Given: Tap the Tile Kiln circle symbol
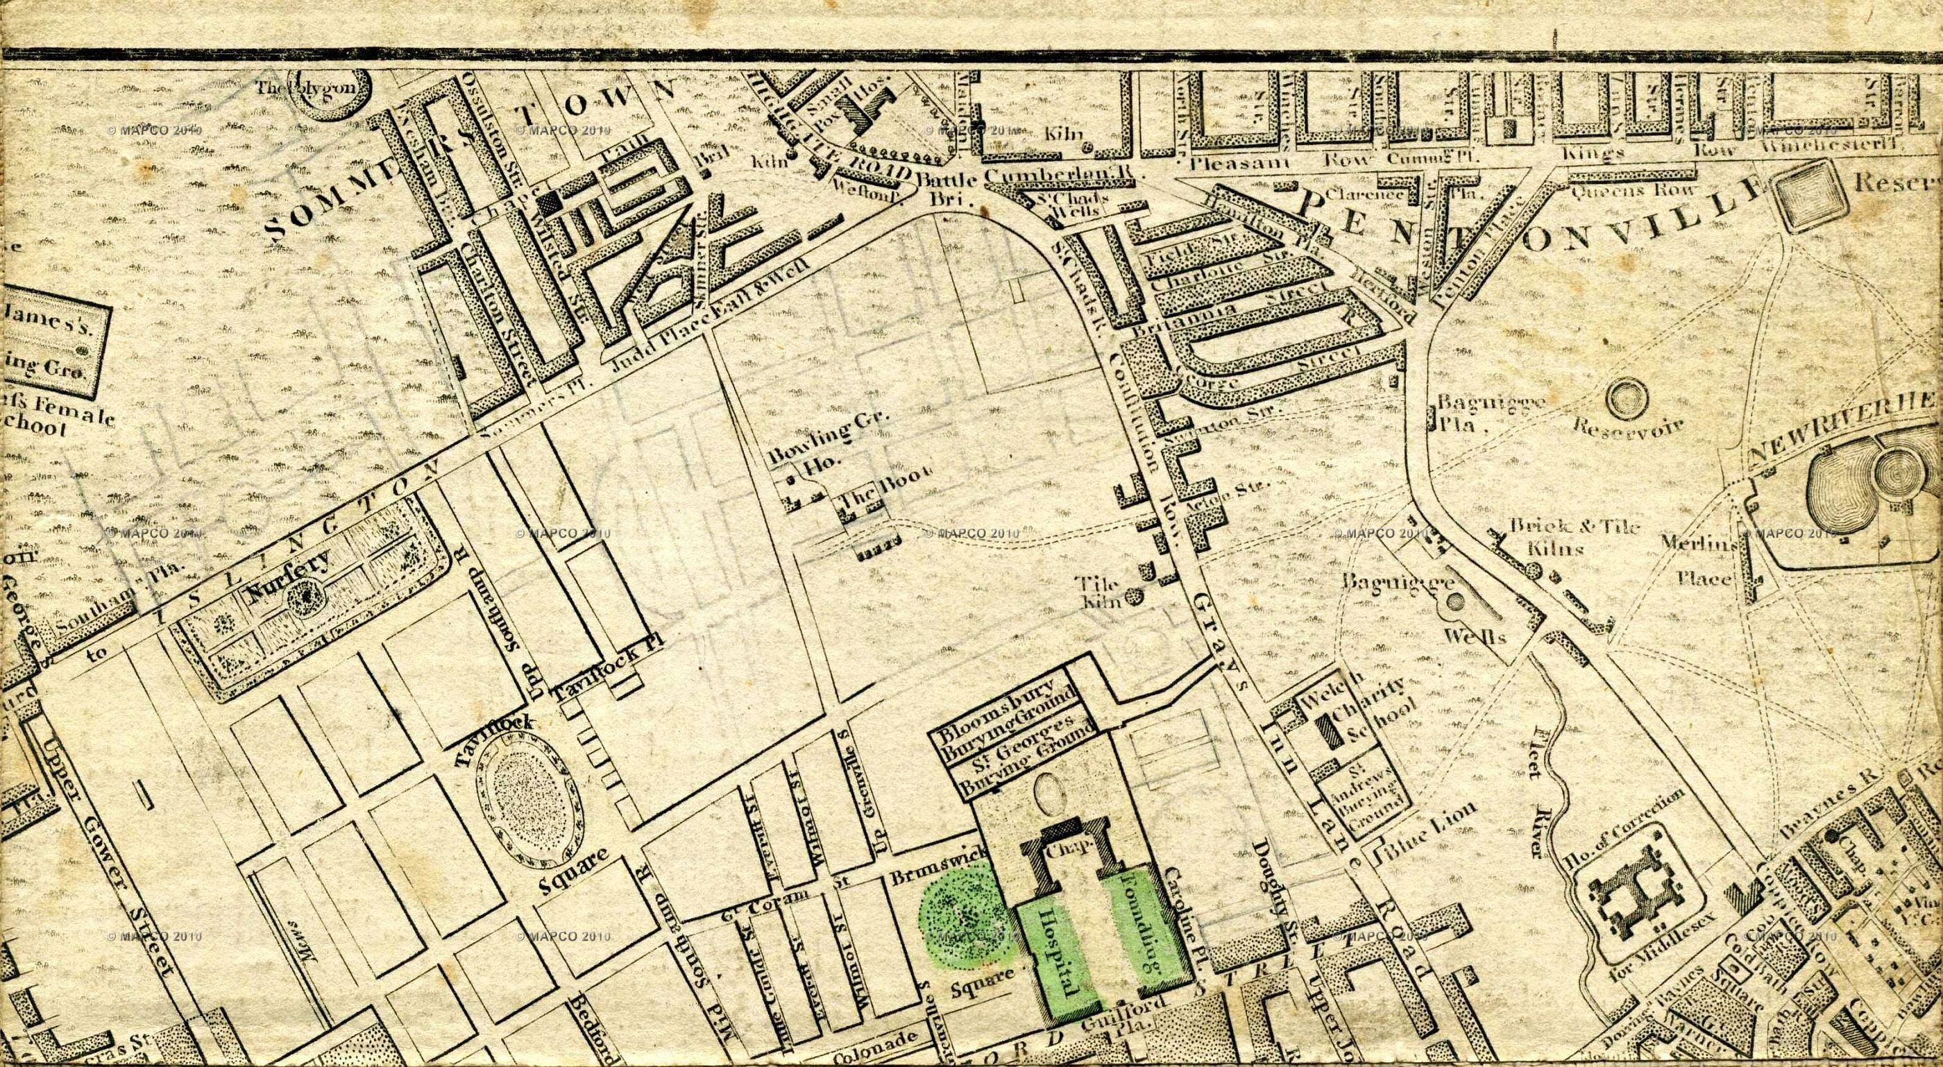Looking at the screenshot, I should [x=1134, y=598].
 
